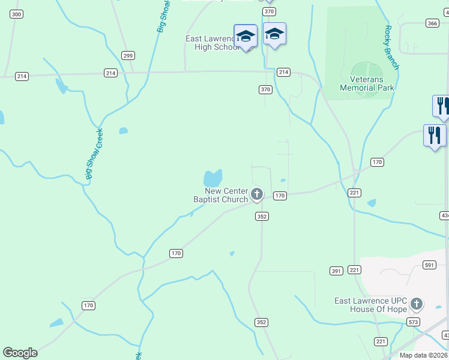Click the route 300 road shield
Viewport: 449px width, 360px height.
pos(17,14)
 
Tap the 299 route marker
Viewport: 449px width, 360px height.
pos(127,55)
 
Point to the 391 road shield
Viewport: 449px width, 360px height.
pos(336,271)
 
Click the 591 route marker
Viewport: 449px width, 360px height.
pos(429,265)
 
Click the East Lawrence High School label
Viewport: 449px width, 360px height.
pos(212,43)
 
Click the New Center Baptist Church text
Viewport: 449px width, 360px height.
pos(220,195)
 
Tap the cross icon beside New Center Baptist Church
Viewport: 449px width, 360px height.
pos(257,194)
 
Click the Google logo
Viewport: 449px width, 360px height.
pos(20,353)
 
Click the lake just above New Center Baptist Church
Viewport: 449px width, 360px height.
pos(212,178)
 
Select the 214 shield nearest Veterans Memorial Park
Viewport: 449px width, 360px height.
pos(283,72)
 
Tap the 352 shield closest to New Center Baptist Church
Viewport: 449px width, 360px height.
pos(261,216)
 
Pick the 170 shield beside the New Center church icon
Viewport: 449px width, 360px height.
pos(280,196)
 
